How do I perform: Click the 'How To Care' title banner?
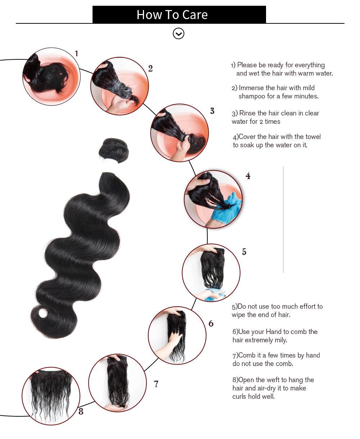tap(179, 14)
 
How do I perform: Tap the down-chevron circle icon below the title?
tap(179, 33)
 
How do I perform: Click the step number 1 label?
tap(76, 54)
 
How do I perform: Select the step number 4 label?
tap(248, 176)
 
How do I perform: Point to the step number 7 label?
tap(156, 384)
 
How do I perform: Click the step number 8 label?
tap(81, 411)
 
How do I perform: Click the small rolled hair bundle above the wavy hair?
tap(113, 150)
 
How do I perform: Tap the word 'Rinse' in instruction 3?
tap(248, 113)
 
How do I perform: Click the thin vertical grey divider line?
tap(283, 219)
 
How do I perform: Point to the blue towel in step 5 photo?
tap(215, 295)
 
